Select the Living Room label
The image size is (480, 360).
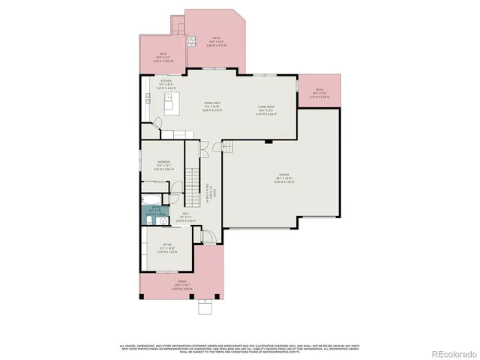coord(267,109)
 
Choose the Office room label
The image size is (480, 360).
coord(166,247)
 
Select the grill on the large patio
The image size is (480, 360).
coord(191,43)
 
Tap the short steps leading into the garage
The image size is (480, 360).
coord(227,146)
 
